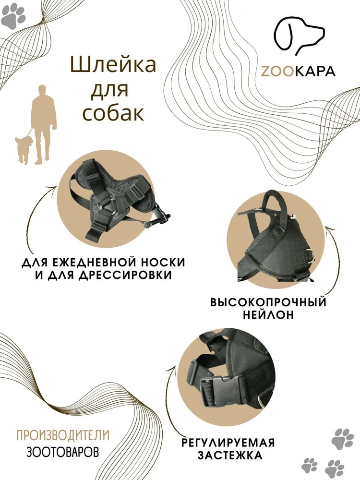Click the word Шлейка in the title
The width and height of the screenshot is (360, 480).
tap(113, 65)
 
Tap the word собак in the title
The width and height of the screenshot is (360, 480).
tap(113, 113)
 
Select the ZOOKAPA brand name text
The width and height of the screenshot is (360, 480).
tap(298, 71)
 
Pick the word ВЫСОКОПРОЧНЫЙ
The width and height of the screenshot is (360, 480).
tap(268, 302)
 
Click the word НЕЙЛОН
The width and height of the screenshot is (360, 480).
tap(268, 315)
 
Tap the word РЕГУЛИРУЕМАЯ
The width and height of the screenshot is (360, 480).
tap(228, 443)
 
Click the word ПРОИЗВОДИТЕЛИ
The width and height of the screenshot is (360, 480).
tap(63, 435)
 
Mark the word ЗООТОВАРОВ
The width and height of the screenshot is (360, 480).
tap(63, 452)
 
